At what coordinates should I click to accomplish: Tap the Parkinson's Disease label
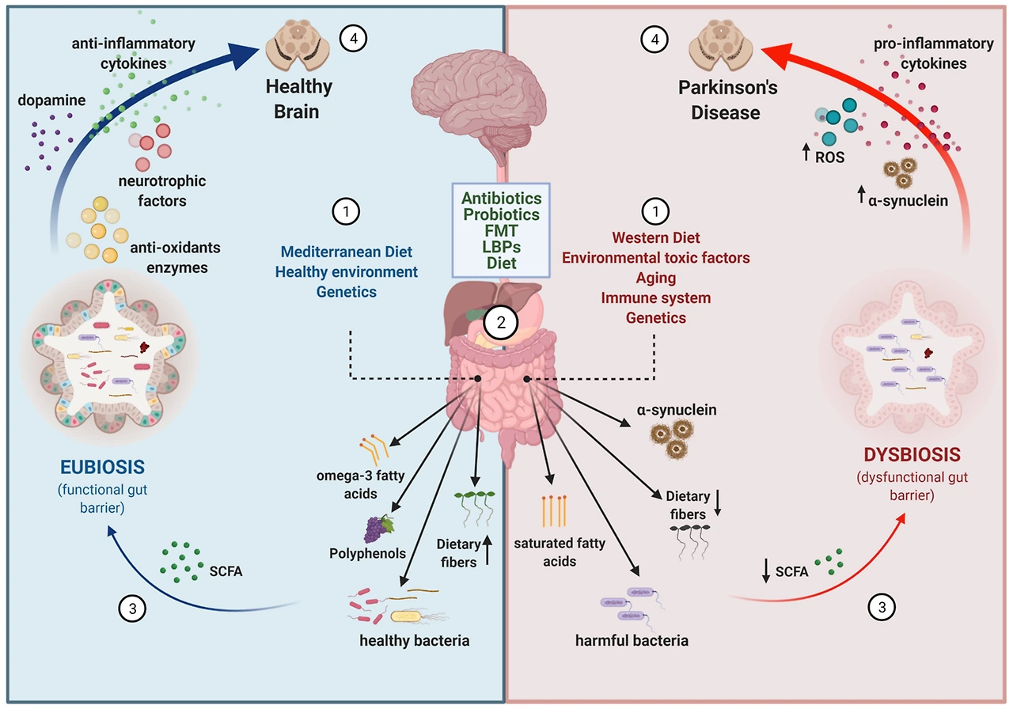pyautogui.click(x=727, y=100)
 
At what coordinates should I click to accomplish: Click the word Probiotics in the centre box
pyautogui.click(x=502, y=214)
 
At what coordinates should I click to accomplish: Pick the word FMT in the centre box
pyautogui.click(x=502, y=230)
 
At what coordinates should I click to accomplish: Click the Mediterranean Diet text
pyautogui.click(x=347, y=252)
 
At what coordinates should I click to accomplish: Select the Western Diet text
pyautogui.click(x=655, y=237)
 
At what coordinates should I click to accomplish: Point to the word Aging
pyautogui.click(x=655, y=279)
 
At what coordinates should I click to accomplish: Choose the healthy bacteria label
pyautogui.click(x=414, y=641)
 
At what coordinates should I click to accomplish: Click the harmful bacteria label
pyautogui.click(x=632, y=640)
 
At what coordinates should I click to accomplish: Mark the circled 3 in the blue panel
pyautogui.click(x=131, y=608)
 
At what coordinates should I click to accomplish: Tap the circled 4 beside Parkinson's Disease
pyautogui.click(x=653, y=39)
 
